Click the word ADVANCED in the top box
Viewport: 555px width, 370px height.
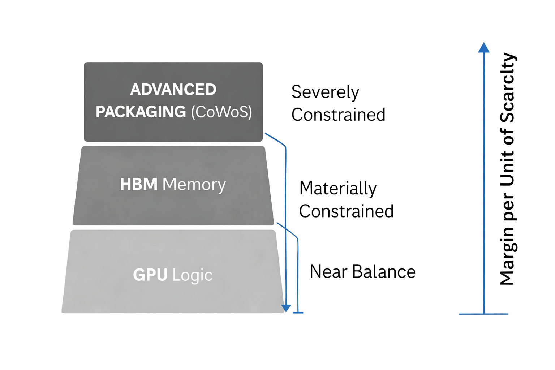tap(173, 90)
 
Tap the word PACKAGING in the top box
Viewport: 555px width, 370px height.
tap(141, 112)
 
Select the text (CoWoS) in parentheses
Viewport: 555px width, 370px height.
tap(221, 112)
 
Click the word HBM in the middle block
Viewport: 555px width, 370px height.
tap(139, 184)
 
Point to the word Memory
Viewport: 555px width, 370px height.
tap(194, 185)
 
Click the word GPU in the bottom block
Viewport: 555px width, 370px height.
tap(150, 275)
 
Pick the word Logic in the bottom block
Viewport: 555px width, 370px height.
tap(192, 275)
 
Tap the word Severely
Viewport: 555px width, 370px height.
tap(325, 92)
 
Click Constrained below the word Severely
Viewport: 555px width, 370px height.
tap(338, 115)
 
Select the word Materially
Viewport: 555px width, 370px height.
tap(338, 189)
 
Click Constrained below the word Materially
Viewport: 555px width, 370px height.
tap(346, 211)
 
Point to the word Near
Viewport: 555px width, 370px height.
tap(329, 272)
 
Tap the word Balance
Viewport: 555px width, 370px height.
tap(384, 272)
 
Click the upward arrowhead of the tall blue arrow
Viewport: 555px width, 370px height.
tap(483, 48)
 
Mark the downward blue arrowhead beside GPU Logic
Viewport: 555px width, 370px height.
tap(286, 308)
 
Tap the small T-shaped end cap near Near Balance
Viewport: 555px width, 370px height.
tap(298, 313)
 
